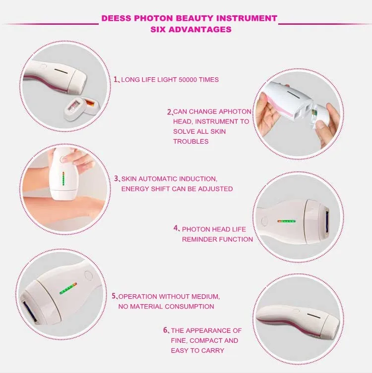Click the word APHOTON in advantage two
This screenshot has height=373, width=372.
235,111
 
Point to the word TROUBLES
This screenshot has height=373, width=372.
191,142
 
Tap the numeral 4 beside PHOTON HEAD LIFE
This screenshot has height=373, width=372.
176,228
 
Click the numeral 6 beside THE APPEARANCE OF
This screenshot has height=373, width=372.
166,330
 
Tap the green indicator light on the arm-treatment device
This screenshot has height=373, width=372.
63,179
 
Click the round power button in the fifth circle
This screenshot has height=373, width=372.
89,276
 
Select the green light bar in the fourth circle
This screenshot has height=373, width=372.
287,221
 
